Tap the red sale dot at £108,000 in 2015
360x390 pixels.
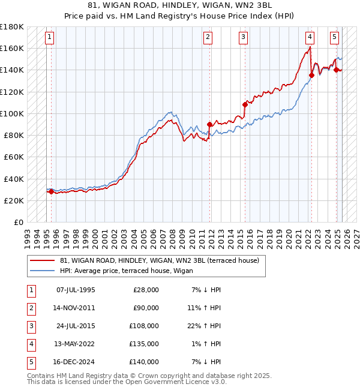[x=245, y=104]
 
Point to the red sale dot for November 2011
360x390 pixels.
[x=209, y=124]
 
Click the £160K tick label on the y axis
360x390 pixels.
[x=12, y=48]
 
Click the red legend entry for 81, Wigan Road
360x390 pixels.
[x=159, y=260]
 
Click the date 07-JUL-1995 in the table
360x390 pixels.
[x=75, y=290]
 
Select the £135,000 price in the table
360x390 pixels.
[x=146, y=344]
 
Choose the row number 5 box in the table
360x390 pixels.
[x=30, y=362]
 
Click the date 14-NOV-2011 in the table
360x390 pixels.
[x=75, y=308]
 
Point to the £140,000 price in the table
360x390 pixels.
[x=146, y=362]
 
